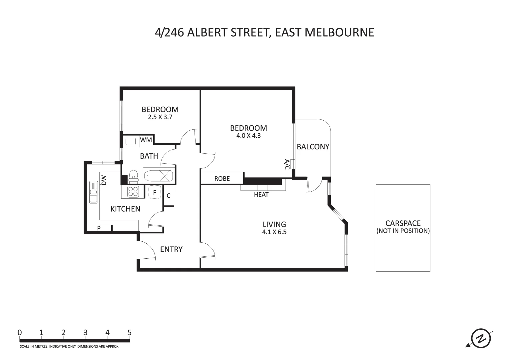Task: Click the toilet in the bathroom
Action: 133,176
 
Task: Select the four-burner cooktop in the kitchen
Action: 133,191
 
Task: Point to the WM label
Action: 146,140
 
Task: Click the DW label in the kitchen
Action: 104,180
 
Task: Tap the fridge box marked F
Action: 155,192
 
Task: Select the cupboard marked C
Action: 169,196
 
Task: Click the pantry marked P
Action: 99,228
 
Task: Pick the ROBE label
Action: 222,179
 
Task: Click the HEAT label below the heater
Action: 261,195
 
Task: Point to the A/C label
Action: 287,164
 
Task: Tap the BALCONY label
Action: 313,147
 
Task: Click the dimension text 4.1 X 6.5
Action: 274,232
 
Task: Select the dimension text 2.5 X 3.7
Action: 160,117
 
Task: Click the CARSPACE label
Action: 403,223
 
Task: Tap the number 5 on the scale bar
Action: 129,332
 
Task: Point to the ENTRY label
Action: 171,249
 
